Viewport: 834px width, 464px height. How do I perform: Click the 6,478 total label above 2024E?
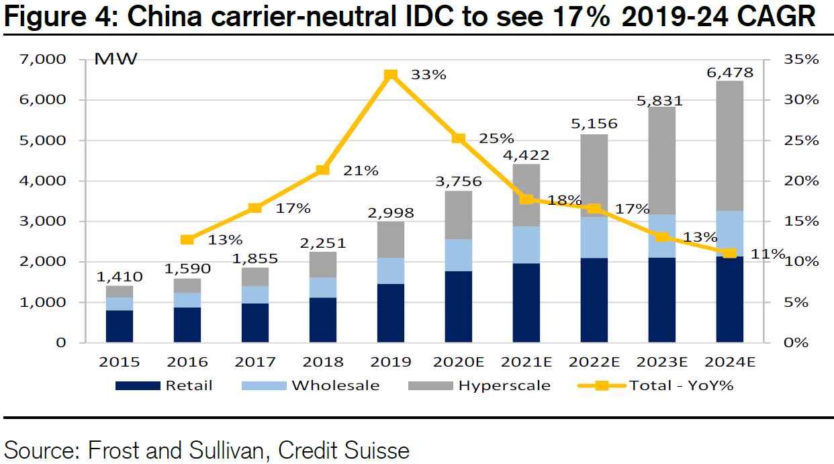729,73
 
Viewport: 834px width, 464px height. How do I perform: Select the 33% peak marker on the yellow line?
391,75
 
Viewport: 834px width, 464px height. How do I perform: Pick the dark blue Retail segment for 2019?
391,313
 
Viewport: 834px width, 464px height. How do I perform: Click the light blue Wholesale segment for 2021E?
526,244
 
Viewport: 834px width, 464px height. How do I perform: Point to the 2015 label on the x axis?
120,363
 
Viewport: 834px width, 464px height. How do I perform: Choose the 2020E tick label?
459,363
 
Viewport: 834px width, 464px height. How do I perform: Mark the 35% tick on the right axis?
801,59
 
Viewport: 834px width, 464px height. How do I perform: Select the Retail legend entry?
164,385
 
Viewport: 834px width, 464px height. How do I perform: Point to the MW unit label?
115,59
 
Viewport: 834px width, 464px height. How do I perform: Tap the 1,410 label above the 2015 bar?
120,276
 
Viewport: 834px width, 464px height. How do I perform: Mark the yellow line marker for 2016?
187,239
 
